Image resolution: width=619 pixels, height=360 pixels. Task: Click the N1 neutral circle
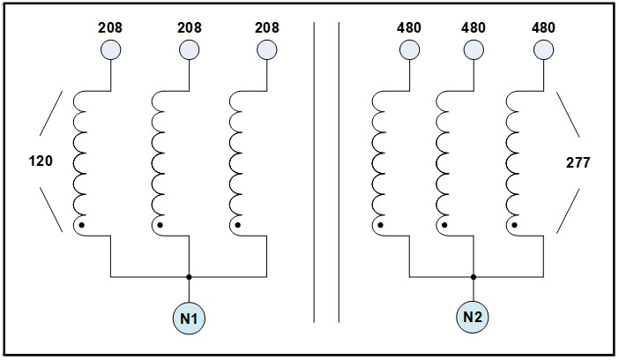pyautogui.click(x=189, y=319)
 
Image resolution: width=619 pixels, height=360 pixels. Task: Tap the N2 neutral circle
pyautogui.click(x=473, y=317)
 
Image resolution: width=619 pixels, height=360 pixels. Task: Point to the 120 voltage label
pyautogui.click(x=41, y=161)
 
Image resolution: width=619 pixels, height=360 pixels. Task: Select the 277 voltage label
pyautogui.click(x=578, y=163)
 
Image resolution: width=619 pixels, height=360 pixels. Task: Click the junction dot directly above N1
pyautogui.click(x=189, y=277)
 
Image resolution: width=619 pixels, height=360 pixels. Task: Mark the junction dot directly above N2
pyautogui.click(x=474, y=277)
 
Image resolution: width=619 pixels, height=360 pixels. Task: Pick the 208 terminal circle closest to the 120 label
pyautogui.click(x=111, y=50)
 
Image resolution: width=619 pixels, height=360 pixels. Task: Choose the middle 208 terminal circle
pyautogui.click(x=189, y=50)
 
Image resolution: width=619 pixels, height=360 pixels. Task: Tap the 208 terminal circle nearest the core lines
pyautogui.click(x=267, y=50)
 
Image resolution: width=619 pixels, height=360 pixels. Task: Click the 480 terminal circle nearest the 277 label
pyautogui.click(x=543, y=50)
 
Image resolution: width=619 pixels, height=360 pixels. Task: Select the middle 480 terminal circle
pyautogui.click(x=474, y=50)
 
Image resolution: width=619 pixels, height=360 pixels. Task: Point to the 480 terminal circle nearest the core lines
pyautogui.click(x=409, y=50)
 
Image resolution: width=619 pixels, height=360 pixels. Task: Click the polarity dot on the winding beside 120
pyautogui.click(x=82, y=225)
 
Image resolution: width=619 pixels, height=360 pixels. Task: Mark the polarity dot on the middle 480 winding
pyautogui.click(x=444, y=225)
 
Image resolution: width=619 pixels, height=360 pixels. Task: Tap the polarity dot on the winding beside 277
pyautogui.click(x=515, y=225)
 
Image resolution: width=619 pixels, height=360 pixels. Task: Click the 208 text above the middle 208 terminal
pyautogui.click(x=189, y=27)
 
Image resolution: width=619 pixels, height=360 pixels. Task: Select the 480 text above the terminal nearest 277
pyautogui.click(x=543, y=27)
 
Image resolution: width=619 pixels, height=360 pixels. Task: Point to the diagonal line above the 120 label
pyautogui.click(x=51, y=114)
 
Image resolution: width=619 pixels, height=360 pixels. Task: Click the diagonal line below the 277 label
pyautogui.click(x=568, y=211)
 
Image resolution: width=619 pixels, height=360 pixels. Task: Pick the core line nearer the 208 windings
pyautogui.click(x=314, y=172)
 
